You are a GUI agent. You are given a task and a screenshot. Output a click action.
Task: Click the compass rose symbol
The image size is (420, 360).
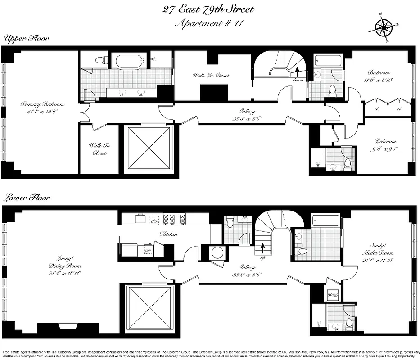383,28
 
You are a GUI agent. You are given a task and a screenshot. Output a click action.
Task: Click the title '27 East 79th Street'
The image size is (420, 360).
208,9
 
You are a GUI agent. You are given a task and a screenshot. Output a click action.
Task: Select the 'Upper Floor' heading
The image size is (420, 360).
26,39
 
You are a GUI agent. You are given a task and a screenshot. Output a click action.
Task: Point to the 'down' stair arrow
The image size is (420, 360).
297,72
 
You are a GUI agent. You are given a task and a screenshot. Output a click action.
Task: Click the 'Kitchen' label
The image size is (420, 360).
169,234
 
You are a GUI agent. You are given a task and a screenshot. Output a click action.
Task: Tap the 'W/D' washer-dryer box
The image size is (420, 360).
334,294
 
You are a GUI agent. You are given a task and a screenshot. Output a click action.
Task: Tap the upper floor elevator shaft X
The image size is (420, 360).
149,148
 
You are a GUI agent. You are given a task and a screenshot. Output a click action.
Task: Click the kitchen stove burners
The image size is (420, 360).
174,219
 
